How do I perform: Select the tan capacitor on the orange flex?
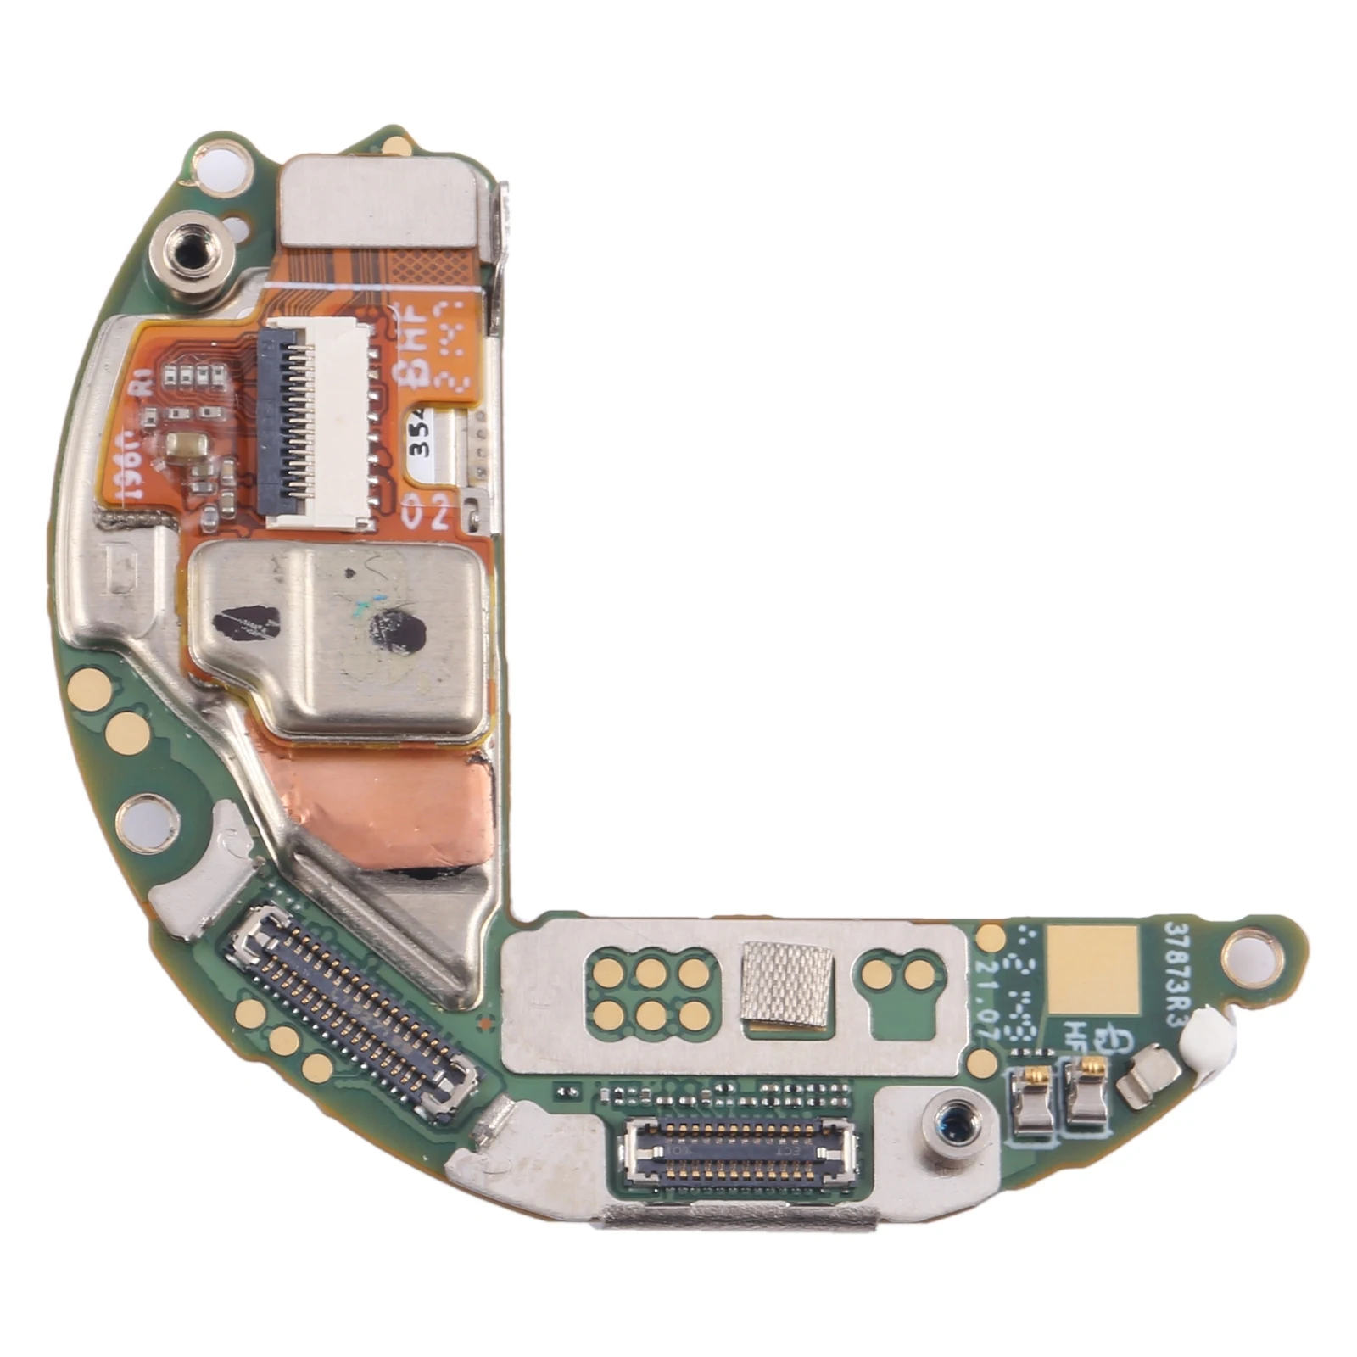click(x=184, y=445)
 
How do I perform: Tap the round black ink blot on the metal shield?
click(x=397, y=632)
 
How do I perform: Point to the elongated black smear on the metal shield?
click(x=244, y=623)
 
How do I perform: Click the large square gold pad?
click(x=1092, y=969)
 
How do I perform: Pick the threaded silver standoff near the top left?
click(x=191, y=252)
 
